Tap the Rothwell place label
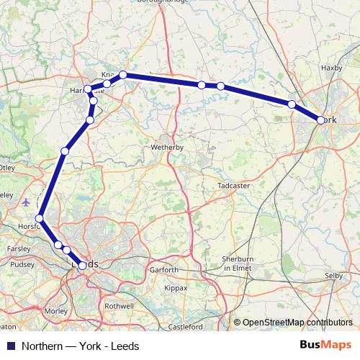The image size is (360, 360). click(119, 306)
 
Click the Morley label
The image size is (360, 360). click(55, 311)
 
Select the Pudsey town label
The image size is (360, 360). click(22, 264)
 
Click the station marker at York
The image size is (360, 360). click(320, 120)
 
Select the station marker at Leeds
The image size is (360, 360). click(82, 266)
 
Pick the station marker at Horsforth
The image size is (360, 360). click(40, 218)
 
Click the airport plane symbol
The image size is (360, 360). click(27, 202)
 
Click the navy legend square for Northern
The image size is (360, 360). click(10, 344)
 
